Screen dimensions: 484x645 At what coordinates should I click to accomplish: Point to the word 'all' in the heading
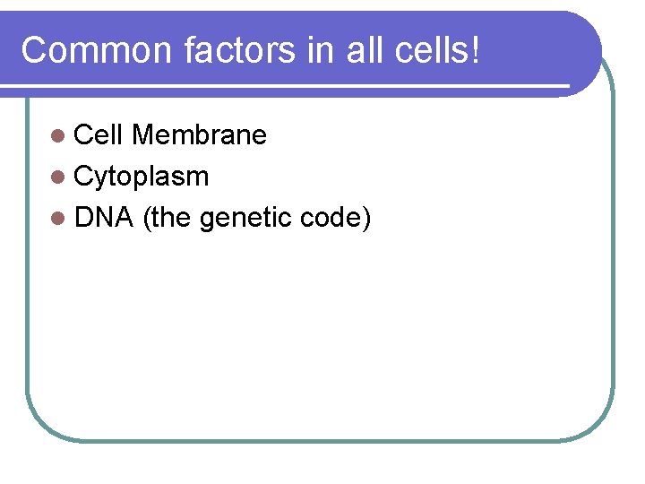(x=365, y=51)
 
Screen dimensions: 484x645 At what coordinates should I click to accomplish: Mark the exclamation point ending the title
(x=474, y=51)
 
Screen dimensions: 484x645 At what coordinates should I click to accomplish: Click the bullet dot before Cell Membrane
(x=58, y=136)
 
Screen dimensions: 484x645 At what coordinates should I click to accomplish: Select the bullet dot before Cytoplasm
(x=58, y=177)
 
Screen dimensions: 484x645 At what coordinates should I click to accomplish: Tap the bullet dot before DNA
(x=58, y=219)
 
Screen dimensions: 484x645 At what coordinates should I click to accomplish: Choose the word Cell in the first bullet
(x=99, y=135)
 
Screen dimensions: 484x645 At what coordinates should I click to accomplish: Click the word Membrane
(x=199, y=135)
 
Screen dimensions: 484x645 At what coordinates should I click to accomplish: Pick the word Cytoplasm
(x=142, y=177)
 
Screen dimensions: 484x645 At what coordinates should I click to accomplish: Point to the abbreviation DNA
(x=104, y=218)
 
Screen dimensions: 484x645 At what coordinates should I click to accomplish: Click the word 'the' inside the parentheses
(x=171, y=218)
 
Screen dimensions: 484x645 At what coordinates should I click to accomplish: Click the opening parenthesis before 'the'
(x=147, y=219)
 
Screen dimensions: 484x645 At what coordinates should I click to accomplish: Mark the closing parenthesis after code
(x=365, y=219)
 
